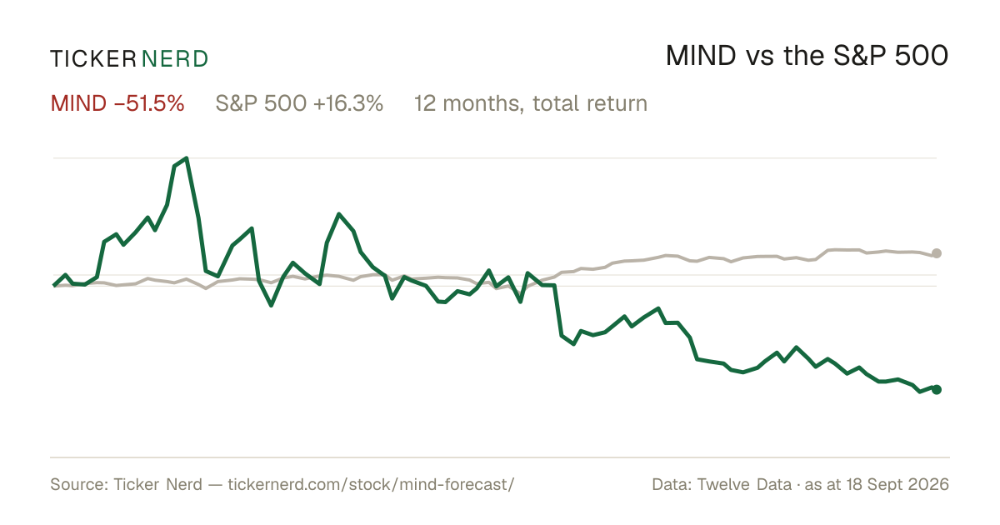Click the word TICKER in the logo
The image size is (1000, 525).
tap(92, 59)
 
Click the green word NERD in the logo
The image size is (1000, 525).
tap(174, 59)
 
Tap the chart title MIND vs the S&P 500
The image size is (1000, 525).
tap(807, 56)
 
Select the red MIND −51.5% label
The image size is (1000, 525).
tap(117, 103)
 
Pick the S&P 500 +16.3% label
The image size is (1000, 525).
tap(299, 103)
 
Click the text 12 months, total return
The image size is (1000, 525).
tap(531, 103)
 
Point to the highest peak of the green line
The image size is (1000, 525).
tap(186, 158)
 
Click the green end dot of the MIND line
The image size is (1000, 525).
tap(937, 390)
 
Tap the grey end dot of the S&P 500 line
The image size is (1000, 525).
tap(937, 253)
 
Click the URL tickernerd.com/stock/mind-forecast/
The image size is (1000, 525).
tap(371, 484)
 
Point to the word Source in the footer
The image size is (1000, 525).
tap(77, 484)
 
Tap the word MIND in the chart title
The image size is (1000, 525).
tap(701, 56)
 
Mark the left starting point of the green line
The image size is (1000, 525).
tap(54, 285)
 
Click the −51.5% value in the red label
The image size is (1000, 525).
tap(149, 103)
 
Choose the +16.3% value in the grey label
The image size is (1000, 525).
tap(348, 103)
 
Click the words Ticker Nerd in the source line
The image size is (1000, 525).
tap(157, 484)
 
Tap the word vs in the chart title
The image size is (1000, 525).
tap(760, 57)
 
